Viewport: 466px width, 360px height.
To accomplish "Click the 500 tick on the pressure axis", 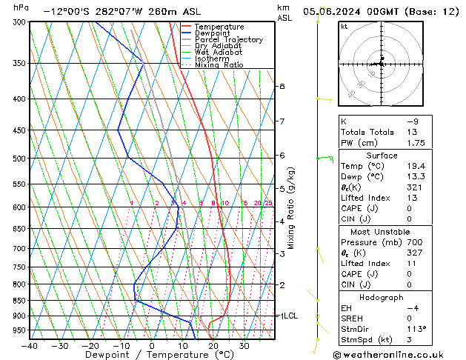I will pos(19,159).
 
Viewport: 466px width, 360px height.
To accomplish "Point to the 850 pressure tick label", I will pos(19,301).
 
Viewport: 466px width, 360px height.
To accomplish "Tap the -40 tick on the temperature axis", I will pos(30,345).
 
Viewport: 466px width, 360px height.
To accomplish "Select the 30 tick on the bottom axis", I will pos(244,345).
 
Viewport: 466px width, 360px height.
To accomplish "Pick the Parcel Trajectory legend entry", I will pos(228,40).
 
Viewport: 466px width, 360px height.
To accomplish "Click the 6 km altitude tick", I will pos(282,155).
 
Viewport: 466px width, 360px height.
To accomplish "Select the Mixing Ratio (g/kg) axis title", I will pos(291,207).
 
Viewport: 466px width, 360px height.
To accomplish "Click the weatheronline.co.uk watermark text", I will pos(399,354).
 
